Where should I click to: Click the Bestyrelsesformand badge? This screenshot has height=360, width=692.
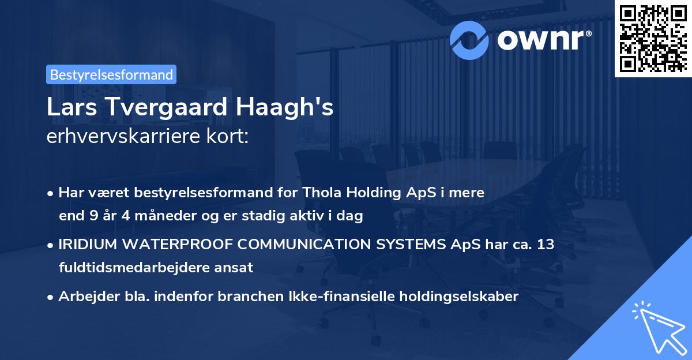click(111, 74)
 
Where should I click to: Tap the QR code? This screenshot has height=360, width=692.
click(653, 37)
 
